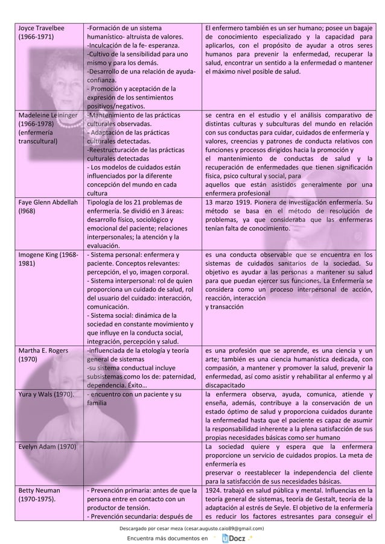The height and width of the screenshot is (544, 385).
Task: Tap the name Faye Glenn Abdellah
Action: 48,203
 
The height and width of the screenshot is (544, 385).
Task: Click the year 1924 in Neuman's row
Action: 215,490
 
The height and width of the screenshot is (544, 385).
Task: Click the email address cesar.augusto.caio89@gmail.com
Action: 218,528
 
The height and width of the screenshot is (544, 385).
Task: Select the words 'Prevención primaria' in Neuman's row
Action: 125,490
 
